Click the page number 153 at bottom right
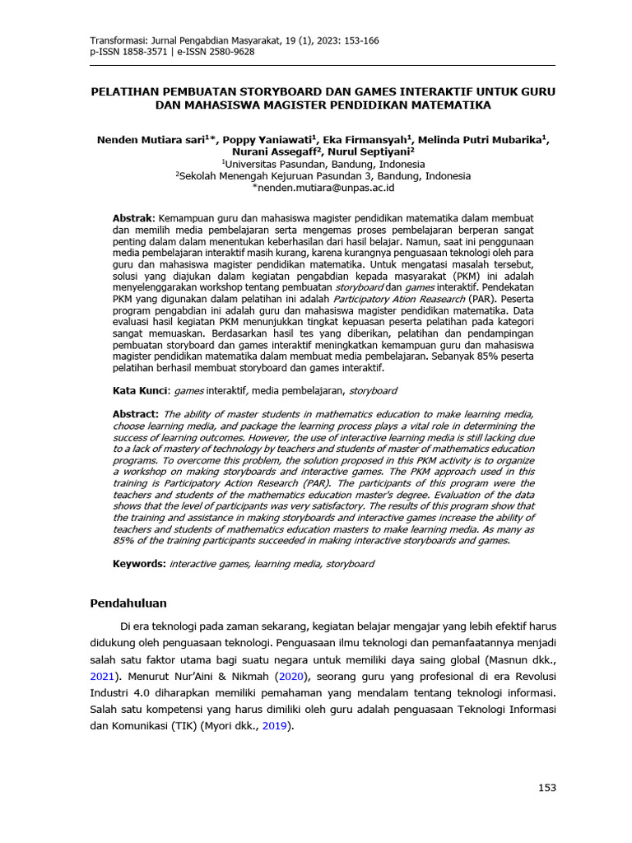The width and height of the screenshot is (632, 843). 547,788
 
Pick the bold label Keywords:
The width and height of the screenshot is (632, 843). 139,564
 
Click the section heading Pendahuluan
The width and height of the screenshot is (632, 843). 128,603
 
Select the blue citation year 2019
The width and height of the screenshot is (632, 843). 276,727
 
